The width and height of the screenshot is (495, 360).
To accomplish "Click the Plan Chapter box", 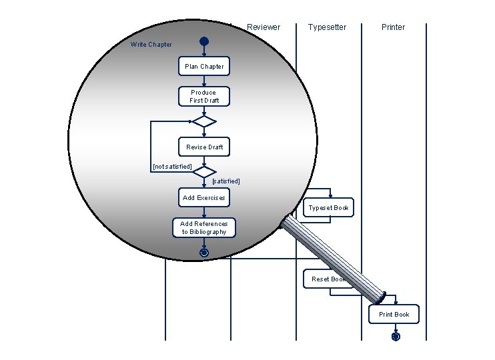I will (204, 67).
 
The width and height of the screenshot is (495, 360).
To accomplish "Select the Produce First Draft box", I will (203, 97).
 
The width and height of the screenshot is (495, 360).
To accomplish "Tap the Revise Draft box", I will (204, 147).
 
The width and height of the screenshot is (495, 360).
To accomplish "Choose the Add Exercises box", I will (203, 198).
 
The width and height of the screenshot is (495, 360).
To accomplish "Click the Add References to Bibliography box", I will (204, 228).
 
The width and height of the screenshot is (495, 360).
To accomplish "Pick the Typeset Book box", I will (328, 208).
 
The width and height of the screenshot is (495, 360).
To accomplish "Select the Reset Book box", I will (327, 279).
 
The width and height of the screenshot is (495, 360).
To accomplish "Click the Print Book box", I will (394, 315).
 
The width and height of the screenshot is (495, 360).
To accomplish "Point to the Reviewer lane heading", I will (264, 27).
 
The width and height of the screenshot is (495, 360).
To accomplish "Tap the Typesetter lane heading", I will (327, 27).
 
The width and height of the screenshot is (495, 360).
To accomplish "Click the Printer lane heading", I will (393, 27).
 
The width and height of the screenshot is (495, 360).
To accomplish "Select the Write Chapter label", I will (151, 45).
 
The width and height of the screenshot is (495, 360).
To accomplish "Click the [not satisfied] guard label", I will (172, 166).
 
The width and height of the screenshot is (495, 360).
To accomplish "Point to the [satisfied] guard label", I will (225, 181).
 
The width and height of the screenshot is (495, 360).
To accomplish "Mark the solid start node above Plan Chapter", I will (204, 42).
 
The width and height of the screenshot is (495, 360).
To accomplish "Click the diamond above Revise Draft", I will (203, 121).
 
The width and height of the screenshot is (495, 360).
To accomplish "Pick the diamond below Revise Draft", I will (203, 172).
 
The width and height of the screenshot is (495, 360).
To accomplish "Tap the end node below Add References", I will (204, 253).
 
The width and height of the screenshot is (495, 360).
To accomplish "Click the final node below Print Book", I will (396, 337).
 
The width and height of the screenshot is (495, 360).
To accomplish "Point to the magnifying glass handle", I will (332, 257).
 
